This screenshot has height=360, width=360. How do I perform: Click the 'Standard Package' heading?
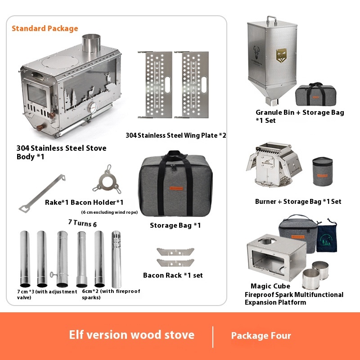(x=45, y=28)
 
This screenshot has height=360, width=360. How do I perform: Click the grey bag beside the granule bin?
(x=315, y=94)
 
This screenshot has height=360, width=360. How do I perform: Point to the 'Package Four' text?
(x=261, y=336)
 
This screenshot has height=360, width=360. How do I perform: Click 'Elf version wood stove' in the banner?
(x=131, y=335)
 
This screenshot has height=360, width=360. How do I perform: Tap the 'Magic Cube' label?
(x=270, y=286)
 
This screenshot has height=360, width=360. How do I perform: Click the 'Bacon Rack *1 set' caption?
(x=173, y=275)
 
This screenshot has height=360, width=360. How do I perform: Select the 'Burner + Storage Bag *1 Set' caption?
(x=298, y=201)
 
